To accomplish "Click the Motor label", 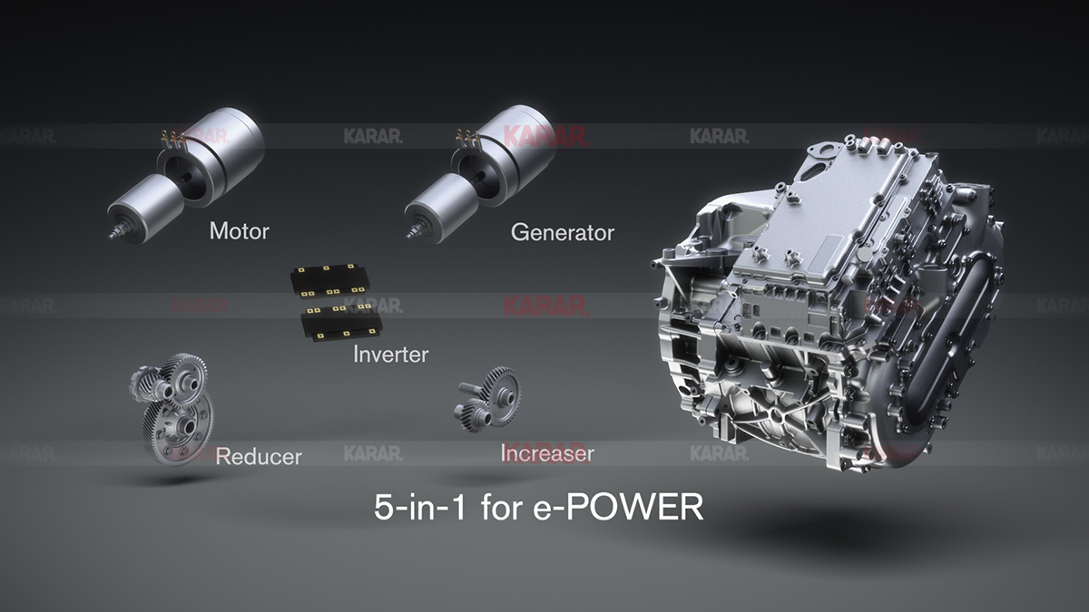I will [239, 230].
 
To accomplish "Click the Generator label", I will [562, 232].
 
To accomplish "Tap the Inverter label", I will [390, 354].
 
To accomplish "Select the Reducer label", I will [259, 455].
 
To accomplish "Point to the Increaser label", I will [547, 452].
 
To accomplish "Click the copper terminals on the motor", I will [172, 138].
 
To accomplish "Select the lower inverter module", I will [341, 322].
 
